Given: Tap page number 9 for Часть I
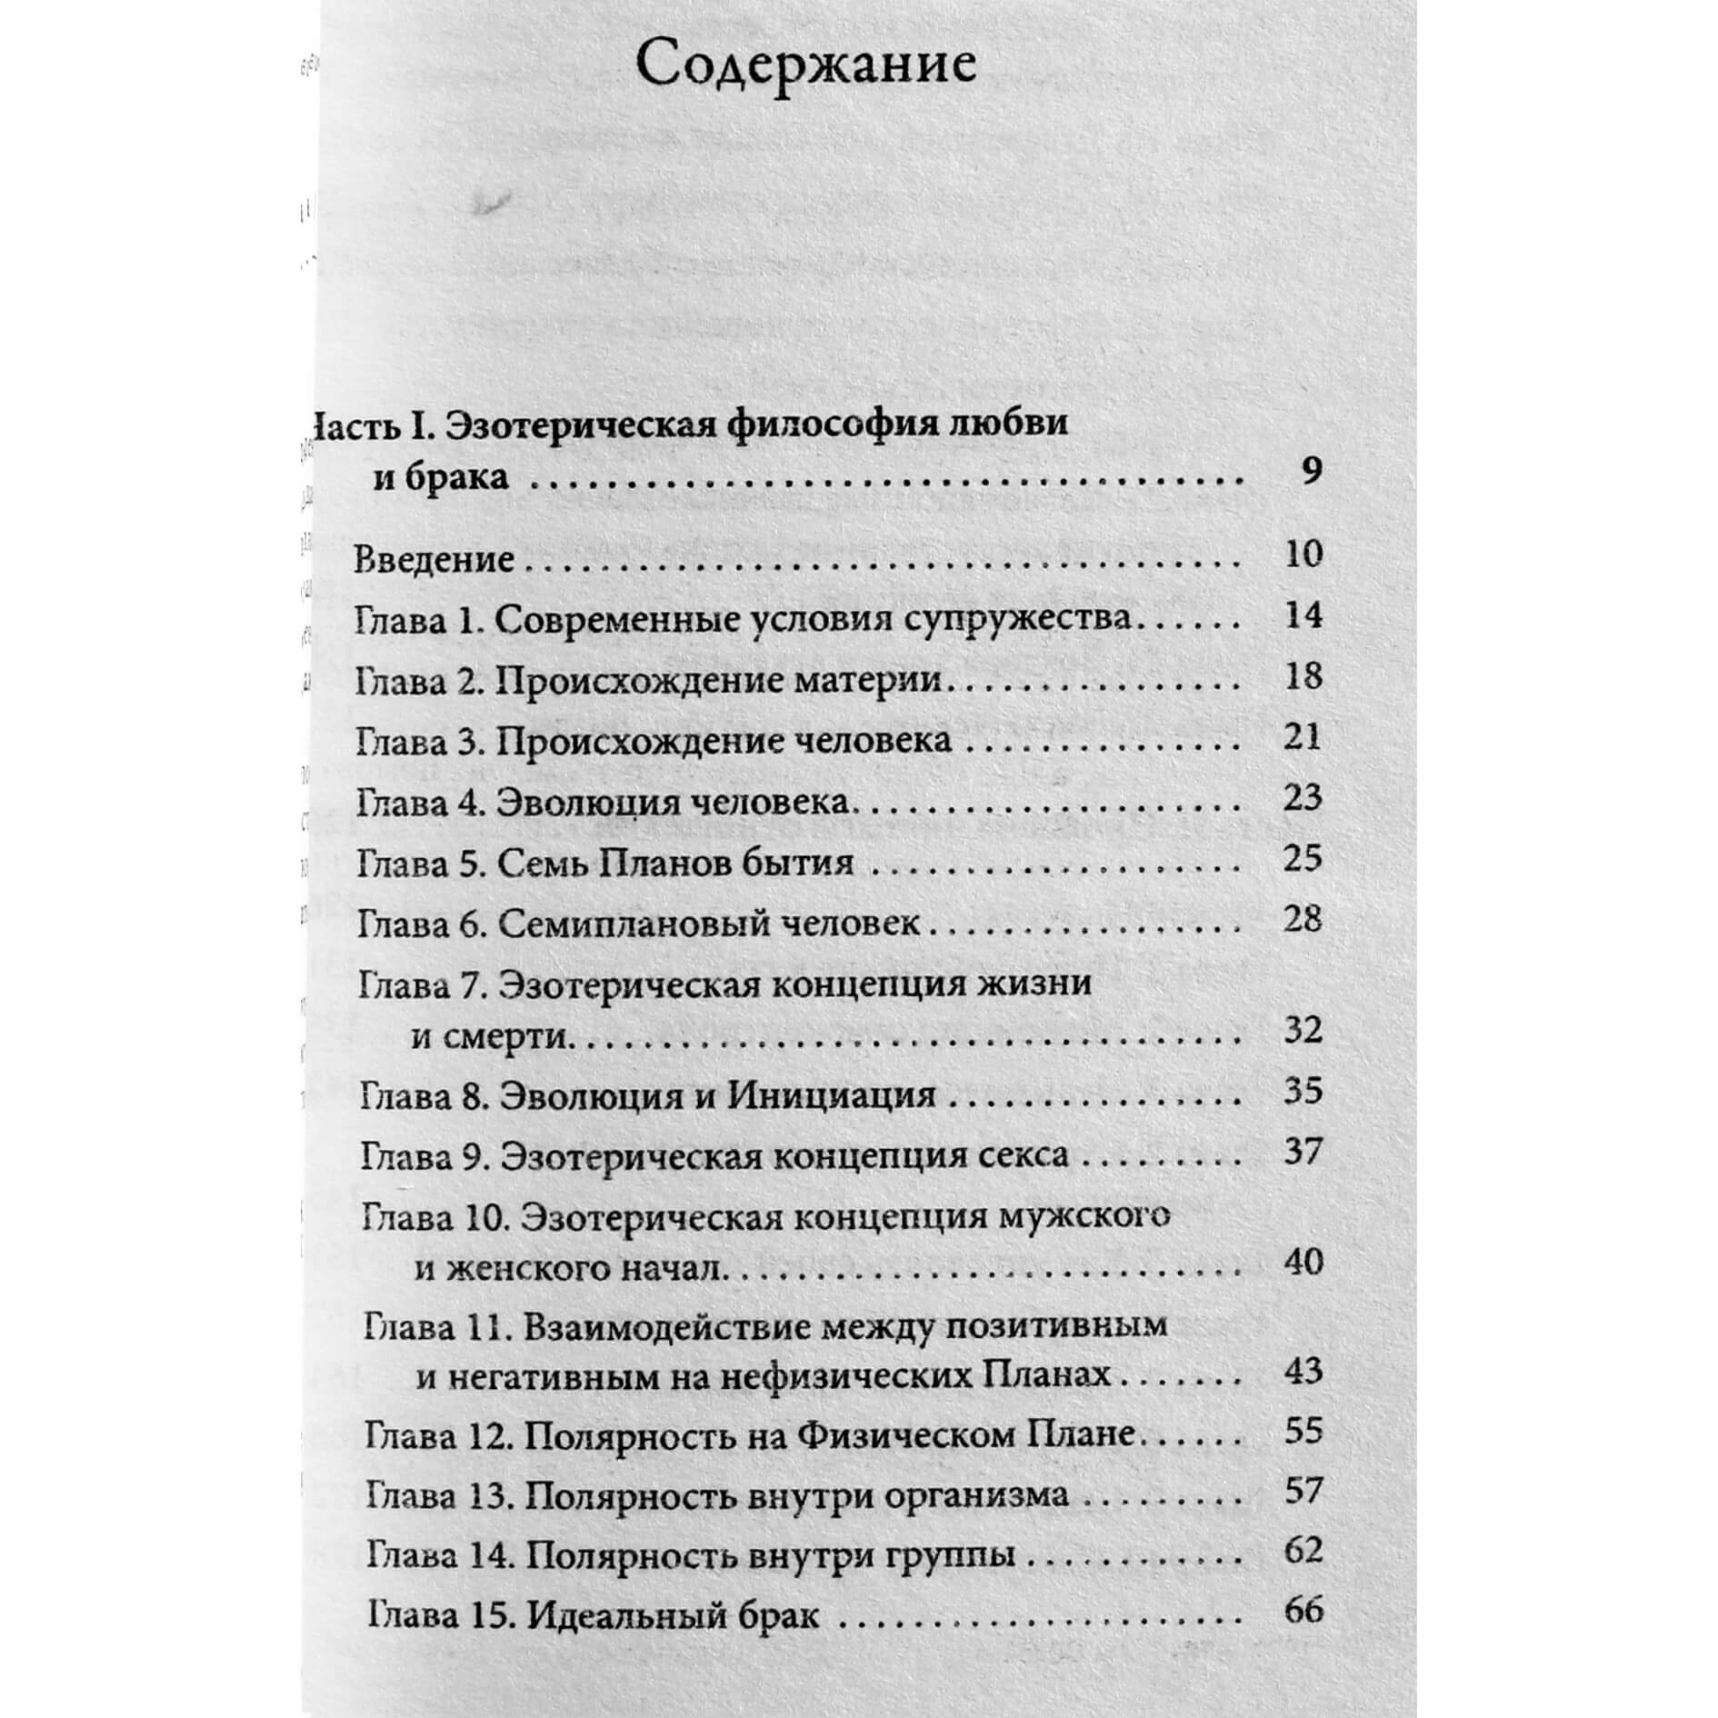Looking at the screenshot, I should [1309, 471].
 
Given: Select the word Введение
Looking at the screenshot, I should [434, 558].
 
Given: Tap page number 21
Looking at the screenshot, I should [1303, 736].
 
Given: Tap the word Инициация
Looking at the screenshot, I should [831, 1094].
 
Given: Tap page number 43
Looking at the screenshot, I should [1303, 1370].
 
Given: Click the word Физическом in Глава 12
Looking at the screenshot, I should [870, 1434].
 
